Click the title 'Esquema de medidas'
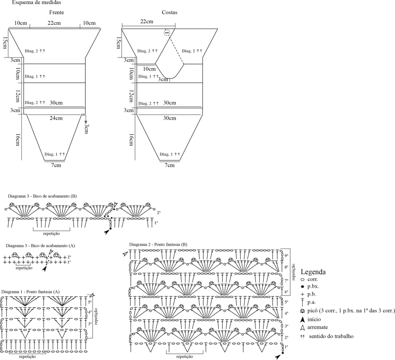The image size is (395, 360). click(x=36, y=3)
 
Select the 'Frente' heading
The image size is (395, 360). click(x=56, y=12)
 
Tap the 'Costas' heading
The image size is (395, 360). click(x=169, y=12)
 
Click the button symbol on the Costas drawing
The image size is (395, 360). click(x=167, y=33)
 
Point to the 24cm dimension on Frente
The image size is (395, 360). click(x=56, y=118)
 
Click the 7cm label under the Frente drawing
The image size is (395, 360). click(x=56, y=165)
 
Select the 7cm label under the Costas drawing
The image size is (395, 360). click(x=169, y=165)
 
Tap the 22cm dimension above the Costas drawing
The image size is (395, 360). click(x=147, y=22)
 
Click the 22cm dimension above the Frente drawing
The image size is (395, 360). click(x=54, y=23)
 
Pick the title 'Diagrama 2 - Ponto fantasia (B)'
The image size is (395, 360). click(x=158, y=244)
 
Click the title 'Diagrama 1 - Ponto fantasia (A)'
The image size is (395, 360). click(x=30, y=292)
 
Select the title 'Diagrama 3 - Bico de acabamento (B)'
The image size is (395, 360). click(x=42, y=196)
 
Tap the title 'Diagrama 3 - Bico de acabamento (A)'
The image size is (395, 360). click(x=40, y=246)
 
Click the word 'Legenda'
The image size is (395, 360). click(x=313, y=272)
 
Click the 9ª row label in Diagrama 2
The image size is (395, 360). click(x=286, y=255)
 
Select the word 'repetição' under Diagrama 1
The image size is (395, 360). click(x=27, y=357)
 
